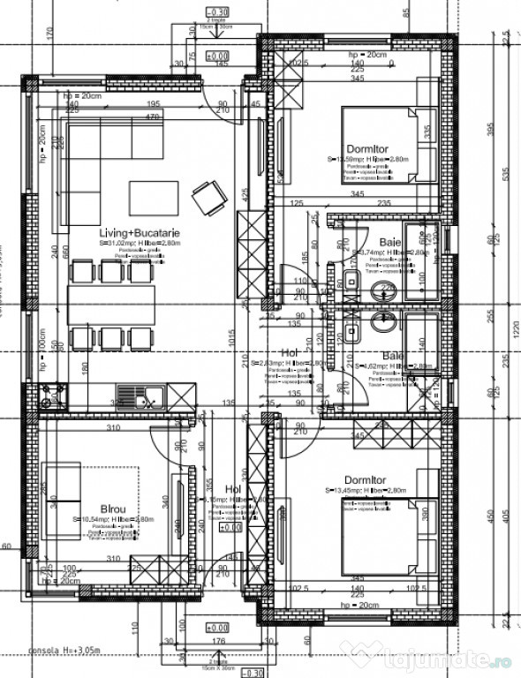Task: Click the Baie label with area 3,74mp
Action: click(389, 242)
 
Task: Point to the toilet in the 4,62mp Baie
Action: click(385, 323)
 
